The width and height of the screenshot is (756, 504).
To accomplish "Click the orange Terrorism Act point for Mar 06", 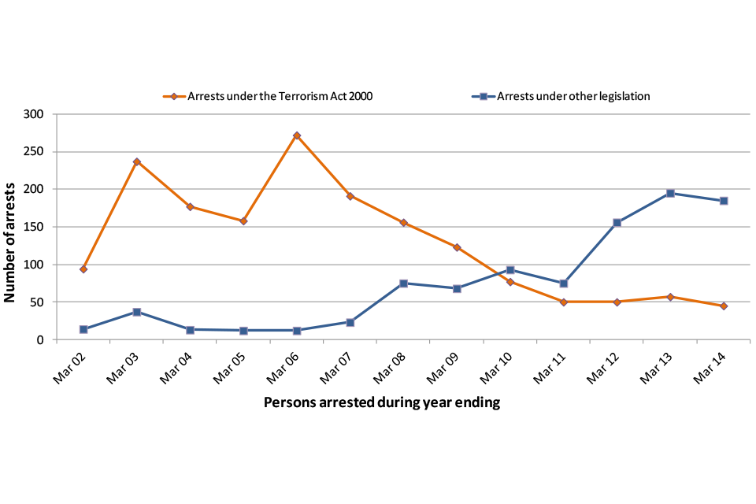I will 297,135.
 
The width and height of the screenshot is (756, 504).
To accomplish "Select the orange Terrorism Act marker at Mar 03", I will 137,162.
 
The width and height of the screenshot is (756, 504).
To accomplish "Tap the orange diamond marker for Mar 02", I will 83,269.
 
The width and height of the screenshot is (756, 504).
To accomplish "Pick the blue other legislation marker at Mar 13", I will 670,193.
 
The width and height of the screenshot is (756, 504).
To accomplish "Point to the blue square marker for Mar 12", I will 617,223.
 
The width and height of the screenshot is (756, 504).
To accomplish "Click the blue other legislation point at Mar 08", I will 403,283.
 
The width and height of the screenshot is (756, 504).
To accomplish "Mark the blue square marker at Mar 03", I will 137,312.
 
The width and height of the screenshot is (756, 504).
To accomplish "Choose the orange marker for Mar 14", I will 724,306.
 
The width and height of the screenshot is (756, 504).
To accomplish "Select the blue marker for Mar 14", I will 724,201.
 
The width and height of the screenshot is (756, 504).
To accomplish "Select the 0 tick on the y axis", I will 50,340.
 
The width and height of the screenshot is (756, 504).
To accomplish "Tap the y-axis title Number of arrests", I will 11,227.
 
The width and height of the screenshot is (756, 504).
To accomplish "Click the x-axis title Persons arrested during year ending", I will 382,403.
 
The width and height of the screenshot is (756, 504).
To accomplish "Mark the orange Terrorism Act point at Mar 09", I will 457,247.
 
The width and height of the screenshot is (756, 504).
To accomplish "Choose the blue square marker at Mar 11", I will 564,283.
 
